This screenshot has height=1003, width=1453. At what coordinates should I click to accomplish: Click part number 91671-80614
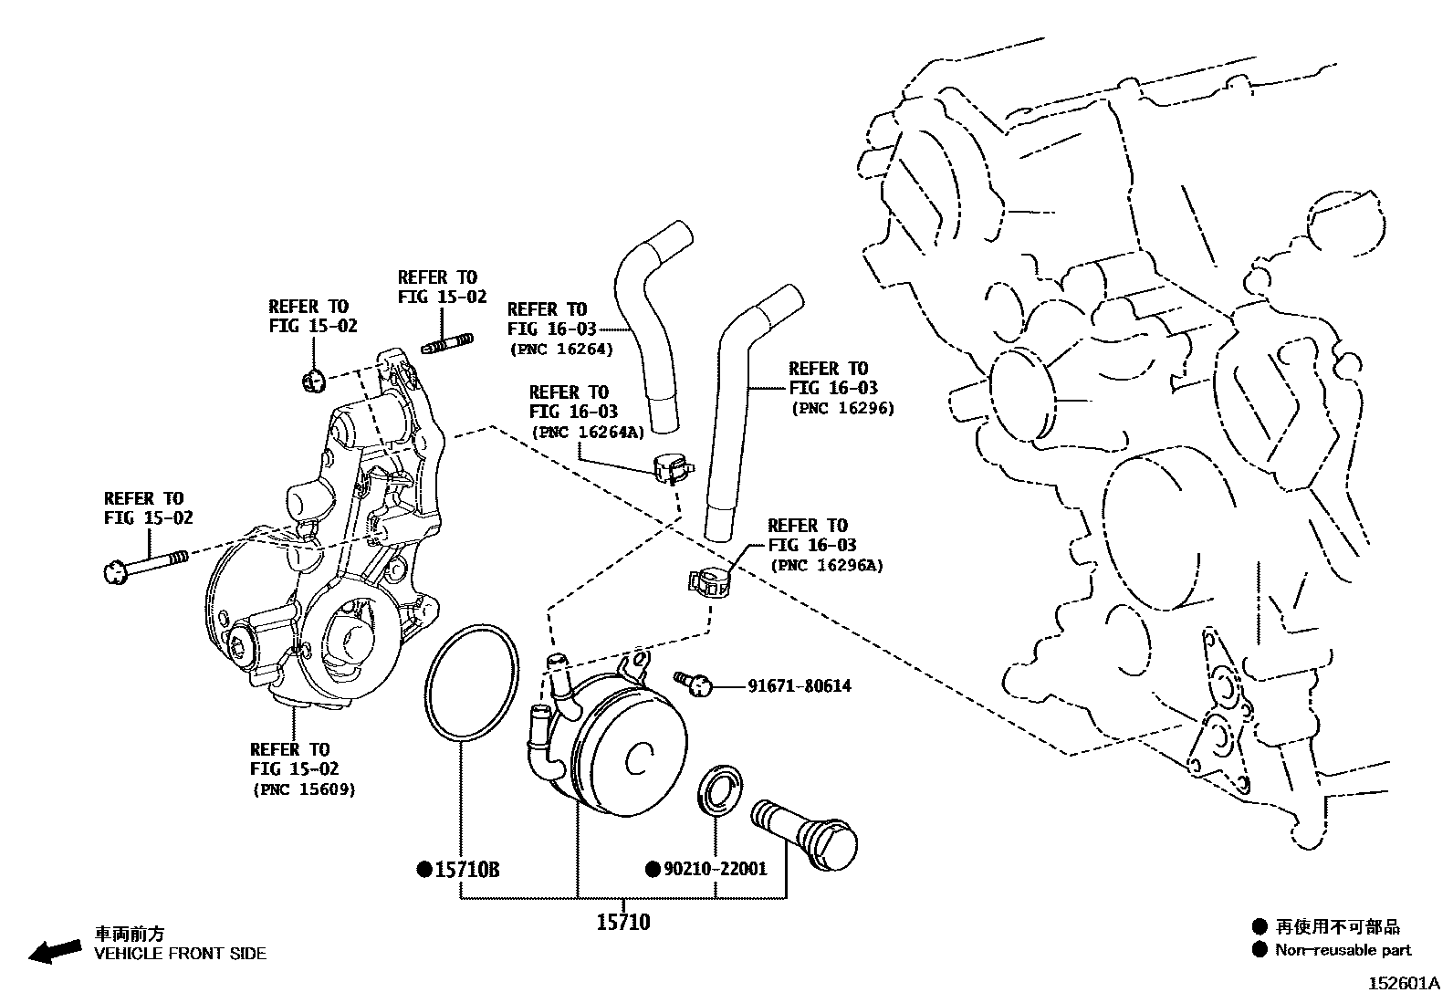pos(800,685)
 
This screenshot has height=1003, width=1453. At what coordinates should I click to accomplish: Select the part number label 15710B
pos(466,870)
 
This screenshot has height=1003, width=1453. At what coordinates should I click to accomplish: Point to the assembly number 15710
pos(623,923)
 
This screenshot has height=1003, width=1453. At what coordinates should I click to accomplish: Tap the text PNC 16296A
pos(827,566)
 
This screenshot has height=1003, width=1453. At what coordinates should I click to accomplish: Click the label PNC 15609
pos(303,789)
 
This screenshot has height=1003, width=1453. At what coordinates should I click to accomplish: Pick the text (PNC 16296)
pos(842,409)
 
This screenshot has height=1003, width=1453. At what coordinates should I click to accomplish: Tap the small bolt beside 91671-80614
pos(694,681)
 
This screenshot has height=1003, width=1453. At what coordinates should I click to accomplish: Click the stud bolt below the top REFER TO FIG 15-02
pos(447,345)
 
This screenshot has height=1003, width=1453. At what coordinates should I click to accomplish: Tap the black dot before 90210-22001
pos(653,869)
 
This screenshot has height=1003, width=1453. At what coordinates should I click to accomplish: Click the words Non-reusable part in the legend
pos(1343,950)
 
